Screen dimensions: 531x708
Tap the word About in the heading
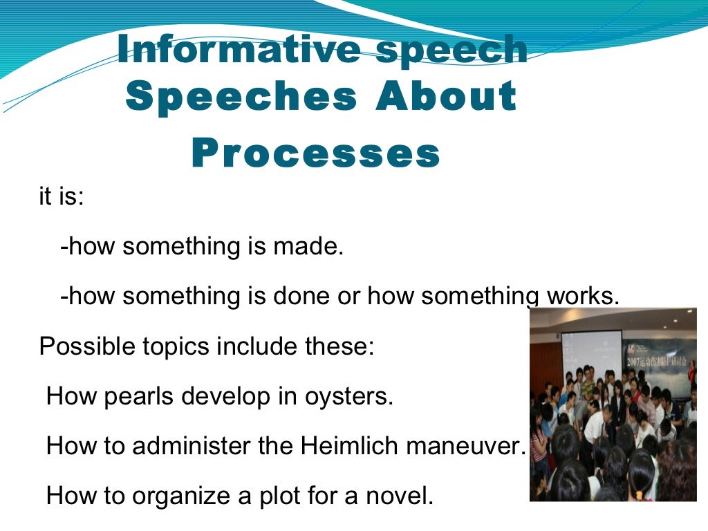(445, 97)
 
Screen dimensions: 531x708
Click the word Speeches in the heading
(241, 97)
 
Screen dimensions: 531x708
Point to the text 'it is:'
(62, 196)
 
